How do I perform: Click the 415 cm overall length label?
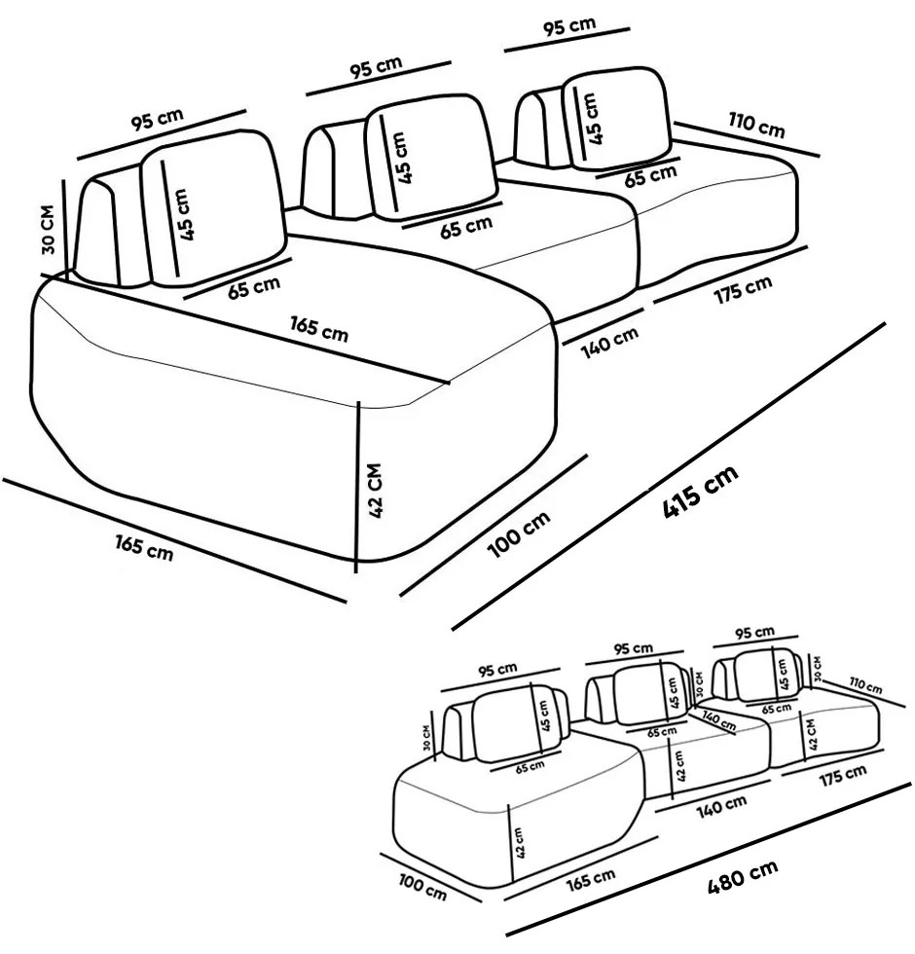coord(699,491)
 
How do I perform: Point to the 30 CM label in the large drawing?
coord(49,230)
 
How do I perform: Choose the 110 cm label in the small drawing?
coord(863,686)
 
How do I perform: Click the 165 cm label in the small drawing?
coord(590,879)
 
